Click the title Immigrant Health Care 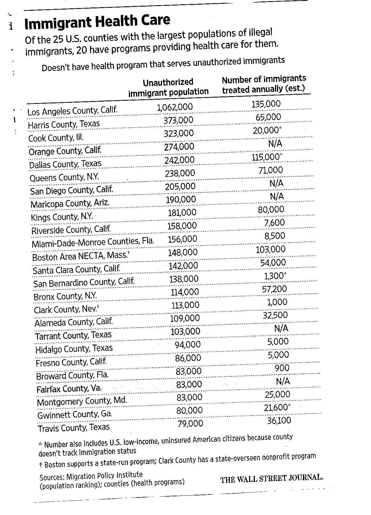[97, 22]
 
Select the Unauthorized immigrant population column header [168, 87]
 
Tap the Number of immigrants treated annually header [264, 84]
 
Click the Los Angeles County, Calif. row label [72, 111]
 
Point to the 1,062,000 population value [175, 107]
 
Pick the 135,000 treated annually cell [266, 104]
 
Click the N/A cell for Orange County [275, 144]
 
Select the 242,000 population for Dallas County [179, 160]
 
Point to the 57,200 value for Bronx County [274, 289]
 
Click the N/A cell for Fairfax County [283, 381]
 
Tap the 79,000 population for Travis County [190, 424]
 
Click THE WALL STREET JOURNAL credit [272, 479]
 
